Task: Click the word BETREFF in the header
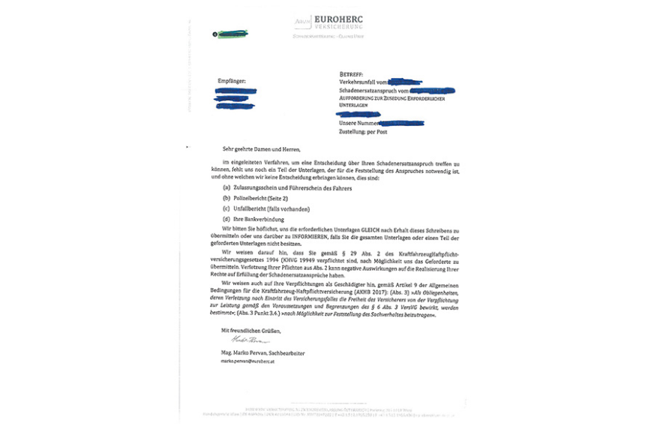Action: pyautogui.click(x=351, y=74)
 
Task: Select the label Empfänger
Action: pyautogui.click(x=232, y=81)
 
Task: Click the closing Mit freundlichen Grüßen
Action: pyautogui.click(x=250, y=331)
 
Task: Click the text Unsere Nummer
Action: pyautogui.click(x=358, y=123)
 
